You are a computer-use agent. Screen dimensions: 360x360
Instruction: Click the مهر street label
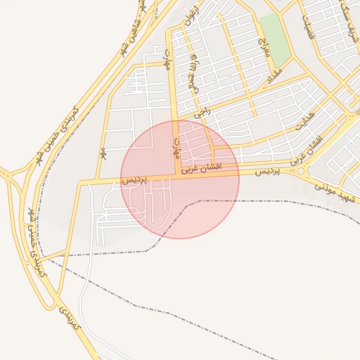tap(103, 153)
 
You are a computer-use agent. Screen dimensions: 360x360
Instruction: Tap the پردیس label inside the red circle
tap(136, 180)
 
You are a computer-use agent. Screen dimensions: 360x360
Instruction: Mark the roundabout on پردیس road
tap(302, 170)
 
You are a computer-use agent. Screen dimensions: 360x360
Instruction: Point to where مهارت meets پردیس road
tap(175, 175)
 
